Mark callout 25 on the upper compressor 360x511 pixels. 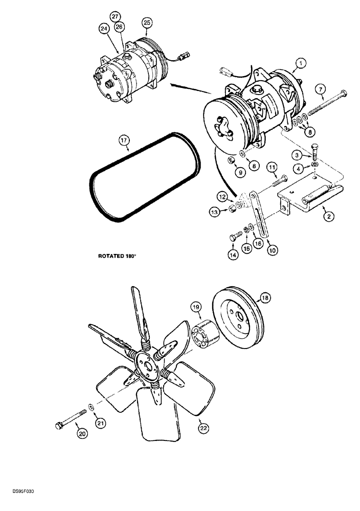147,22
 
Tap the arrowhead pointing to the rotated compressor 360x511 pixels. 173,82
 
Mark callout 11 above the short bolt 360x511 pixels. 272,167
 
